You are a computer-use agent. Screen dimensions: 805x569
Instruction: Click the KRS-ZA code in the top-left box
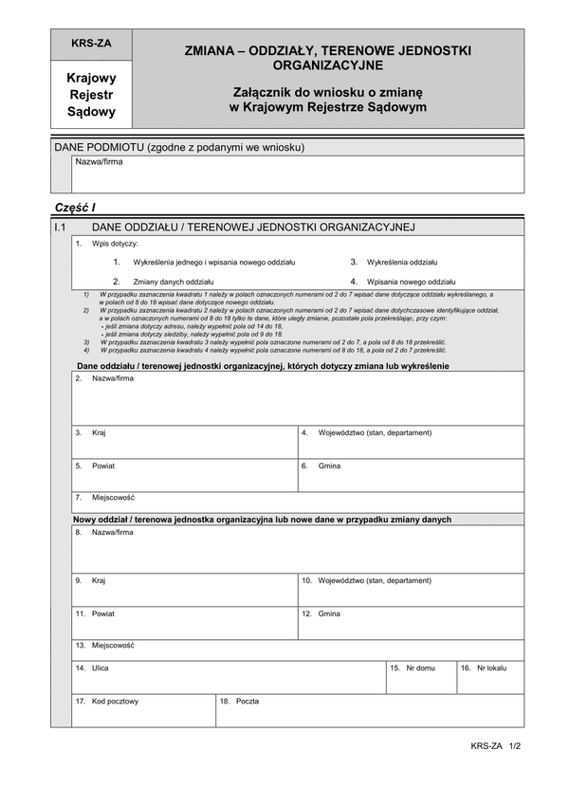[x=91, y=44]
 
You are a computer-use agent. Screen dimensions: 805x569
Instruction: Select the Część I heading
[x=76, y=208]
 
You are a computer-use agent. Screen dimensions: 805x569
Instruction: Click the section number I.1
[x=61, y=228]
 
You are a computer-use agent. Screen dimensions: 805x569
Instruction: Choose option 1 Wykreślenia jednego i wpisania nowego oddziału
[x=213, y=261]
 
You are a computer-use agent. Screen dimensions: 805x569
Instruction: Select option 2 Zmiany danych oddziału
[x=173, y=282]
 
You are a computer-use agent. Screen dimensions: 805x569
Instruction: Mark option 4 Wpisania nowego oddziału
[x=410, y=282]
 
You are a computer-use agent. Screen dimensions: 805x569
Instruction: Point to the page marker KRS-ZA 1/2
[x=496, y=746]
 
